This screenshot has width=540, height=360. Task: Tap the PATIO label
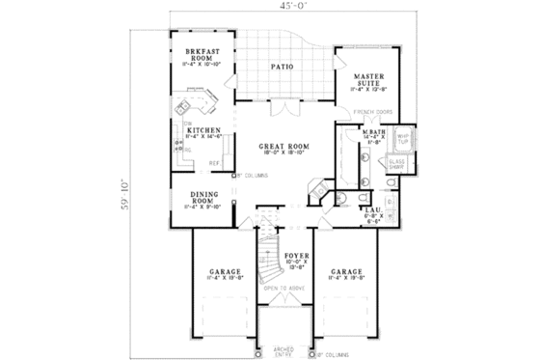(x=282, y=67)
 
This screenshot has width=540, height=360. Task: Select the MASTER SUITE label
(x=370, y=78)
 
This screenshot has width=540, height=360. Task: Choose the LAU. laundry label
(x=372, y=211)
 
